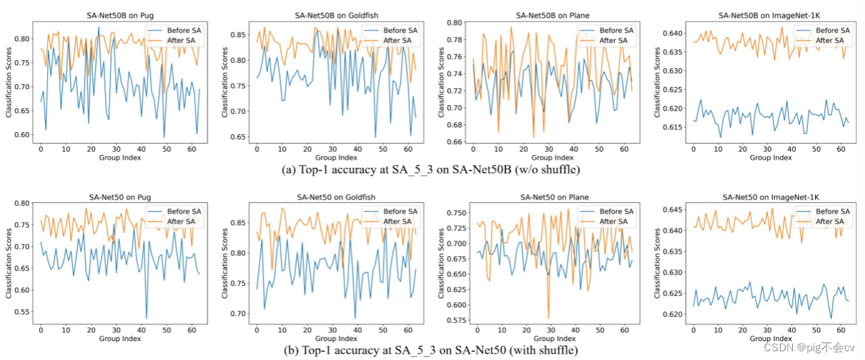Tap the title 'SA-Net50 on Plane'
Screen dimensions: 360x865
(554, 197)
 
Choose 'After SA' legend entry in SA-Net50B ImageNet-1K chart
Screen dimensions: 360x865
(829, 40)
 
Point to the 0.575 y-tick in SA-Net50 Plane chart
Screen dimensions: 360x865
(452, 320)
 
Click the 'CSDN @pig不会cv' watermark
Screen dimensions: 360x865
(809, 347)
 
